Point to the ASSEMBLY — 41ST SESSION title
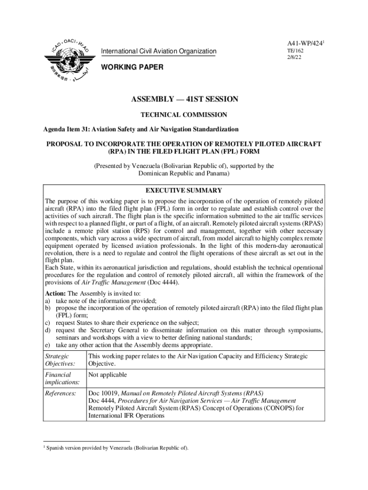tap(184, 100)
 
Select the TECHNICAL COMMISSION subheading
tap(184, 115)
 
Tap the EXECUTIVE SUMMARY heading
tap(184, 190)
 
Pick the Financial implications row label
tap(62, 379)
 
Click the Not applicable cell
tap(108, 375)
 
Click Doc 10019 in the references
tap(102, 393)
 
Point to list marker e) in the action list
tap(48, 345)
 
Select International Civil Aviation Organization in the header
tap(158, 52)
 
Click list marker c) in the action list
tap(48, 323)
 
